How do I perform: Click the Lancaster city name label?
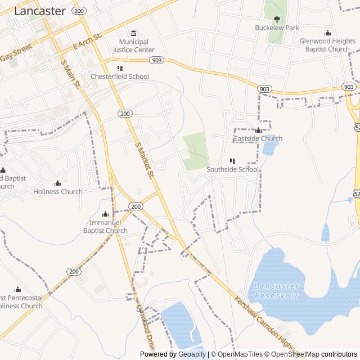click(x=39, y=11)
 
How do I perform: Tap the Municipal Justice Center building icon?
click(x=133, y=33)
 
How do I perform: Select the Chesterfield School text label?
click(x=122, y=76)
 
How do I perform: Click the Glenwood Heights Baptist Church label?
click(x=327, y=45)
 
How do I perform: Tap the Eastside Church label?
click(x=258, y=138)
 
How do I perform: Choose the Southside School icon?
click(x=232, y=161)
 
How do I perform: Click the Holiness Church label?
click(x=58, y=191)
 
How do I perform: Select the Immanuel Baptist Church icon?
click(x=105, y=214)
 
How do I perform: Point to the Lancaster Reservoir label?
click(x=276, y=291)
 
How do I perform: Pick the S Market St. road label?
click(x=145, y=160)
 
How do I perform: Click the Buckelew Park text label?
click(x=277, y=28)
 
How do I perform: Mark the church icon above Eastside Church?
click(x=258, y=130)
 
